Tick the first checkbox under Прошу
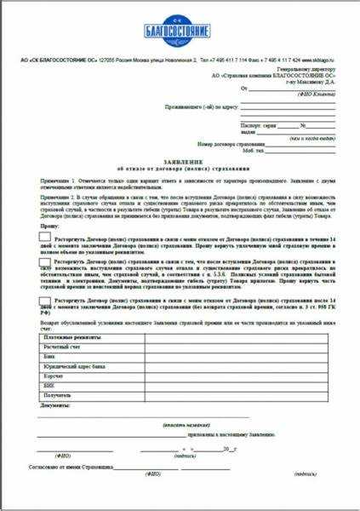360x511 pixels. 44,242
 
